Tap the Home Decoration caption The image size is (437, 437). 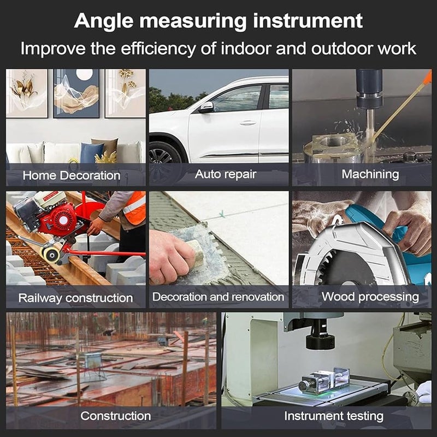point(72,175)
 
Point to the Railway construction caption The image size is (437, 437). point(75,298)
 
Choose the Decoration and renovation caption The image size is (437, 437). point(218,297)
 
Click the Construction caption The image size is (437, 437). point(116,416)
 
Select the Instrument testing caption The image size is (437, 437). point(334,416)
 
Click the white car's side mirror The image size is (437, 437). point(206,107)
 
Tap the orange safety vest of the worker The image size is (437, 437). point(134,208)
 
